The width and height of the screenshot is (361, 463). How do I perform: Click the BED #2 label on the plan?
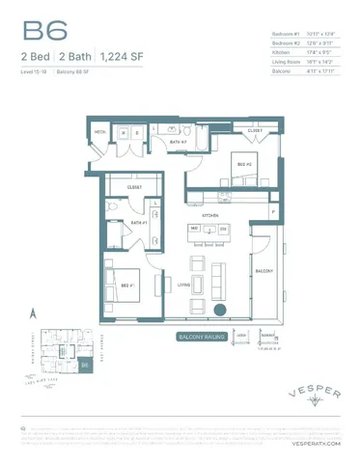tap(245, 166)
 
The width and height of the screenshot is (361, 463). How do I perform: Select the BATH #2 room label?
tap(178, 143)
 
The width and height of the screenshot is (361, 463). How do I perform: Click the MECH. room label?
tap(99, 131)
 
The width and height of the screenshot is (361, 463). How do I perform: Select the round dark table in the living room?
tap(220, 311)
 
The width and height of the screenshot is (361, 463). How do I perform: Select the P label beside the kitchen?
tap(273, 209)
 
